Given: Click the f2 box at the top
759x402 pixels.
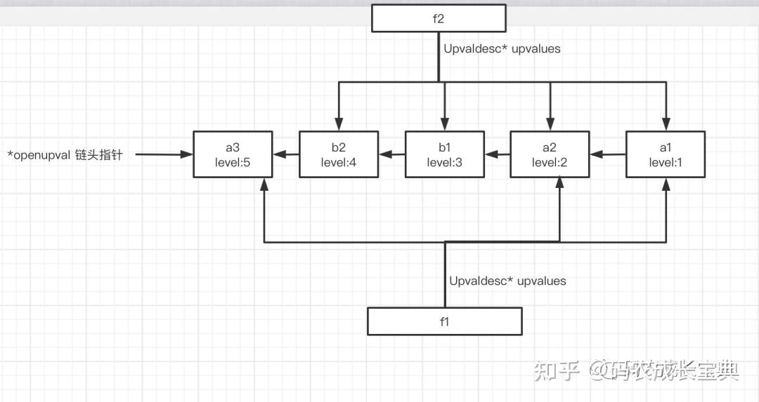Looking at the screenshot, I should (438, 18).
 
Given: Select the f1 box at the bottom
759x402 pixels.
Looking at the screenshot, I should (444, 321).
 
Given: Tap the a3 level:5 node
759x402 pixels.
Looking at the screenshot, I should (233, 154).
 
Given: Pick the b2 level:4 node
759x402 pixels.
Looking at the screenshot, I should (339, 154).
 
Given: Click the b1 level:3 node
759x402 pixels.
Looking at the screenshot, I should (444, 154).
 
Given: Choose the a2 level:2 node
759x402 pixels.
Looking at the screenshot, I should (549, 154).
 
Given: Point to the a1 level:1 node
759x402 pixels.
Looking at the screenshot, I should (665, 154).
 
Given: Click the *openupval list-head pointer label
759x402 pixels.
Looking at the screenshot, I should (65, 155).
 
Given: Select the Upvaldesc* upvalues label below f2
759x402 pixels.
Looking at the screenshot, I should (502, 50).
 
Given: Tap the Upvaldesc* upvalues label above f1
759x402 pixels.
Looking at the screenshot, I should (507, 281).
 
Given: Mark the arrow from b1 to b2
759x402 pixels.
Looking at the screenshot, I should (391, 154).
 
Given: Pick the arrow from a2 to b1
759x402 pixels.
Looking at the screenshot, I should (497, 154).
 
